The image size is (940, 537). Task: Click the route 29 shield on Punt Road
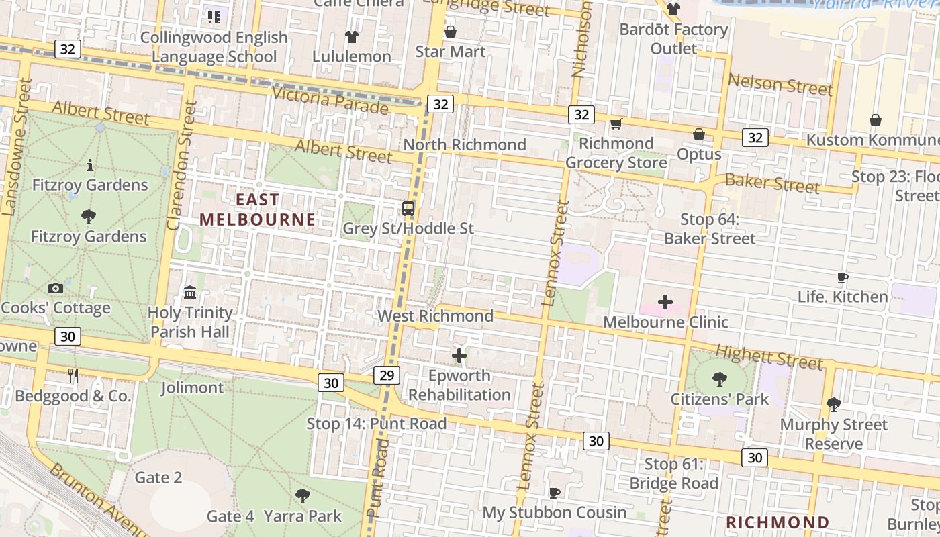tap(387, 375)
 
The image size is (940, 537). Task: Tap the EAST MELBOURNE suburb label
tap(257, 209)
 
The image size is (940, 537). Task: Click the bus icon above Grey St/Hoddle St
tap(408, 208)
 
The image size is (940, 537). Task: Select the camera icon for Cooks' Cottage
tap(56, 289)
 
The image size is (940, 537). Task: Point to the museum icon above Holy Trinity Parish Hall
tap(190, 293)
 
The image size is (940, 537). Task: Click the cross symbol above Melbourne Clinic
tap(665, 302)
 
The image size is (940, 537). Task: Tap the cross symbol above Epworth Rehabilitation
tap(459, 355)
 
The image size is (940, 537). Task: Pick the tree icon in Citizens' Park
tap(720, 379)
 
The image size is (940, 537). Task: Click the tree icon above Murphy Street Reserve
tap(833, 404)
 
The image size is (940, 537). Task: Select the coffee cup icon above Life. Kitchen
tap(843, 277)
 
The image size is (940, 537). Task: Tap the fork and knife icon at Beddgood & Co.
tap(73, 376)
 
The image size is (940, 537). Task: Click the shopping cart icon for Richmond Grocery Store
tap(616, 124)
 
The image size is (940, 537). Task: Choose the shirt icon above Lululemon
tap(351, 36)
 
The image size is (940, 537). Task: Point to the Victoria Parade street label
tap(329, 100)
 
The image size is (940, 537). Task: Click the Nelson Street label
tap(780, 85)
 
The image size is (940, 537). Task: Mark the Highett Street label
tap(769, 357)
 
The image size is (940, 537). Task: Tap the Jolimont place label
tap(192, 387)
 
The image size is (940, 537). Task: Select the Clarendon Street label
tap(182, 165)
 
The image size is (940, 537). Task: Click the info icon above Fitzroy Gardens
tap(89, 165)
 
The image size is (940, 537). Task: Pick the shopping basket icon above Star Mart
tap(450, 32)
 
